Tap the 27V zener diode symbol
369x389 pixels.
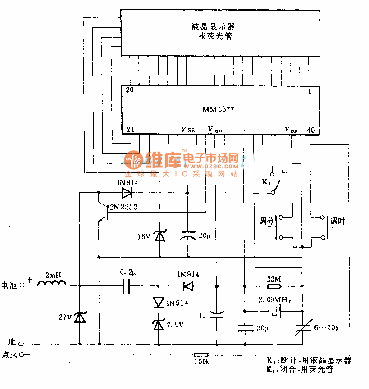[x=80, y=318]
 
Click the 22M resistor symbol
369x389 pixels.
[x=273, y=286]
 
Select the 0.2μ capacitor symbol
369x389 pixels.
[x=127, y=285]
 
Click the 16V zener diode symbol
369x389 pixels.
[x=159, y=235]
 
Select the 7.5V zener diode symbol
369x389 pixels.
[x=159, y=325]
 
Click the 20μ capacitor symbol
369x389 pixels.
[x=187, y=235]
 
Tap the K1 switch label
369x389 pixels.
[x=266, y=183]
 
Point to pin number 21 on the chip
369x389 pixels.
[x=130, y=130]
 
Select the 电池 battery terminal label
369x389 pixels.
[x=9, y=285]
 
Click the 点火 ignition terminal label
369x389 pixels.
[x=9, y=355]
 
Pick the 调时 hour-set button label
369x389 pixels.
[x=337, y=221]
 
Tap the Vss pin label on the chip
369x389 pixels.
[x=188, y=130]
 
